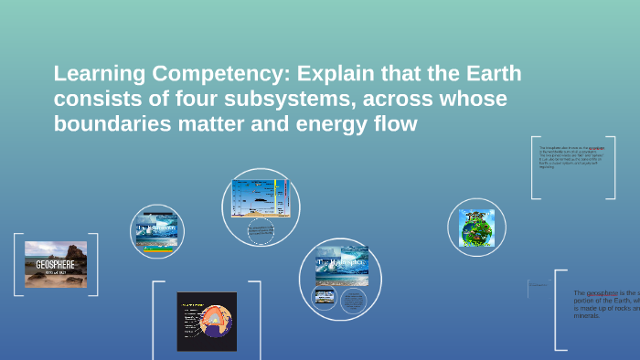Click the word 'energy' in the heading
(337, 123)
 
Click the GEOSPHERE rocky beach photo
(56, 264)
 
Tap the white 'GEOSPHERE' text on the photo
(55, 265)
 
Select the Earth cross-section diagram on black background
(206, 321)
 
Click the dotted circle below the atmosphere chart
(260, 232)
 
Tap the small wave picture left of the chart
(157, 230)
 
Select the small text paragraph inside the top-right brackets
(572, 156)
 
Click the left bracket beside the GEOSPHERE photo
(17, 264)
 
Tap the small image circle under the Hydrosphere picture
(324, 296)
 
